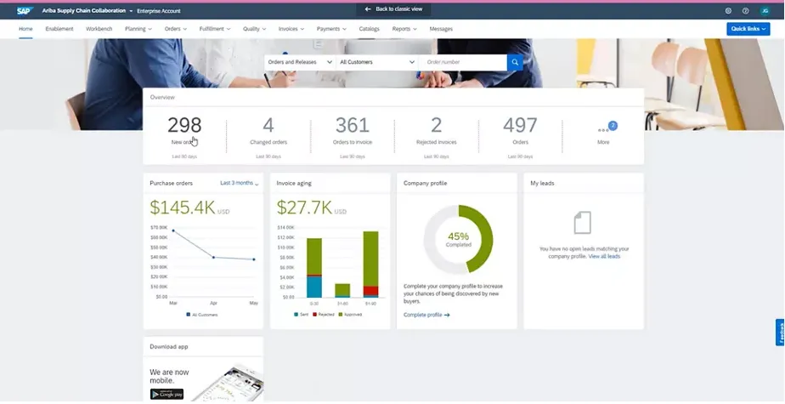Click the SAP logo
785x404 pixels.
(23, 10)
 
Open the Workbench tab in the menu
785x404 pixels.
(99, 29)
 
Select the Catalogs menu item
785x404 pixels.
(370, 29)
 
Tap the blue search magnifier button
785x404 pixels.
(515, 62)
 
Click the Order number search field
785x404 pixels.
(464, 62)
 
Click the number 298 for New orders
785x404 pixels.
(184, 125)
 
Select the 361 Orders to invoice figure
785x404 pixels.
(353, 125)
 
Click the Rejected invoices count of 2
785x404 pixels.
(437, 125)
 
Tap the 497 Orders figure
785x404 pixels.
(520, 125)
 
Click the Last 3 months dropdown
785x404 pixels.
(240, 183)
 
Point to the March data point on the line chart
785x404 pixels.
(173, 230)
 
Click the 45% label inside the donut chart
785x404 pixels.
(458, 236)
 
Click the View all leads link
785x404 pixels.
(604, 256)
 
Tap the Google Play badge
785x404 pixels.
(167, 393)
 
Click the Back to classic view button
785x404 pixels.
(392, 9)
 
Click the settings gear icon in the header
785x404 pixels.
(728, 10)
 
